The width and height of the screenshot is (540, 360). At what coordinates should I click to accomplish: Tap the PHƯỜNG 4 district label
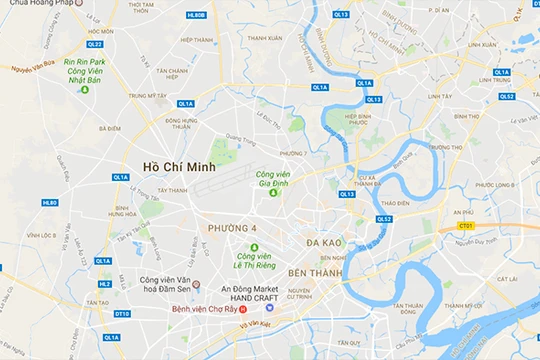tap(234, 229)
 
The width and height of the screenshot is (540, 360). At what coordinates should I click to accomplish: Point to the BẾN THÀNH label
tap(315, 272)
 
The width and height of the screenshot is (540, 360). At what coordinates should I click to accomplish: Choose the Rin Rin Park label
tap(85, 61)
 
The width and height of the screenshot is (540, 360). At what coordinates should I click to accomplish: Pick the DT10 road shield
tap(122, 314)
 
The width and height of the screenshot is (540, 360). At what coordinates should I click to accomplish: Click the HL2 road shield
tap(104, 284)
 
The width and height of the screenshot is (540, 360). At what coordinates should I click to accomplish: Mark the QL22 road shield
tap(95, 44)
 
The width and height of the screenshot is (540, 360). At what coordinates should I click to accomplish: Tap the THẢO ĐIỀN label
tap(396, 203)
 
